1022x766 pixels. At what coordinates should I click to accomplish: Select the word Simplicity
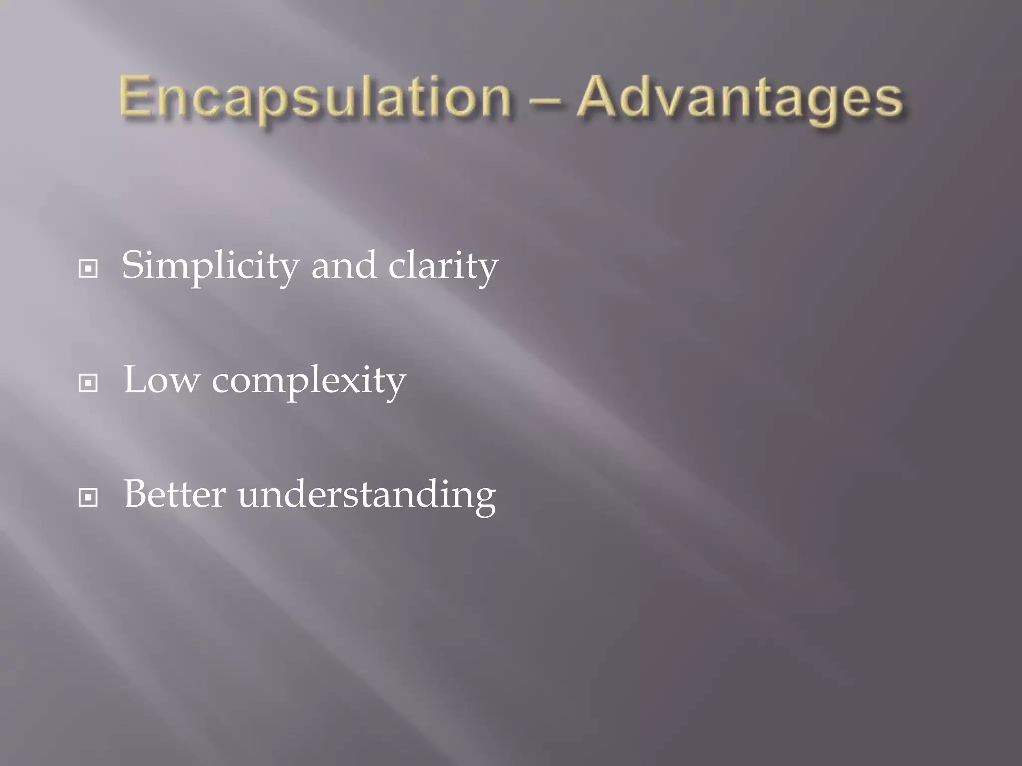click(210, 266)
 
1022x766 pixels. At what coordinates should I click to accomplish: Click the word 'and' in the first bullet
click(344, 266)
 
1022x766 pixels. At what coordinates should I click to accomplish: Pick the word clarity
click(443, 266)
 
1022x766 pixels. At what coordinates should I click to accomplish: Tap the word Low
click(161, 381)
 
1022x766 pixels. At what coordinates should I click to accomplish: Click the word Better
click(175, 495)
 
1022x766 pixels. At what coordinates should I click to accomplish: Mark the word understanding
click(367, 496)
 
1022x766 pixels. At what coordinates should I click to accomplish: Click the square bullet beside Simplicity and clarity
click(88, 269)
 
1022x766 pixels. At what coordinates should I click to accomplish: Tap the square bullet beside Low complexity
click(88, 383)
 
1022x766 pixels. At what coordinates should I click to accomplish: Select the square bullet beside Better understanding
click(88, 497)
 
